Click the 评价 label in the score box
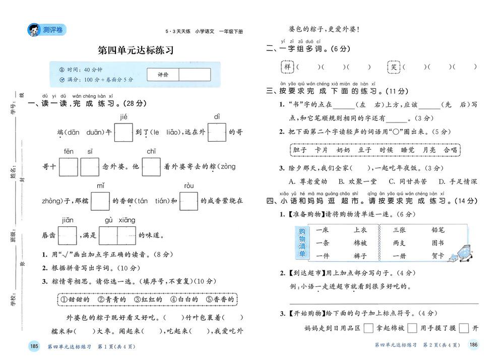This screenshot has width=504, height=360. click(x=163, y=75)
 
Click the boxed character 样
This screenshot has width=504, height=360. click(x=287, y=67)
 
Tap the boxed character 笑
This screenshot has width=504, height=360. click(x=394, y=67)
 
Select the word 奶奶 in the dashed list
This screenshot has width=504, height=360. click(x=343, y=150)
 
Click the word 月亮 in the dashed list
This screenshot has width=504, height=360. click(x=429, y=150)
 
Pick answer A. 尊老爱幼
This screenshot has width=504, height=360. click(x=307, y=182)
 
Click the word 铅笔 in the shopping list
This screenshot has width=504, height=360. click(x=438, y=230)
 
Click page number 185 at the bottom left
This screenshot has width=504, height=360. click(x=34, y=346)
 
